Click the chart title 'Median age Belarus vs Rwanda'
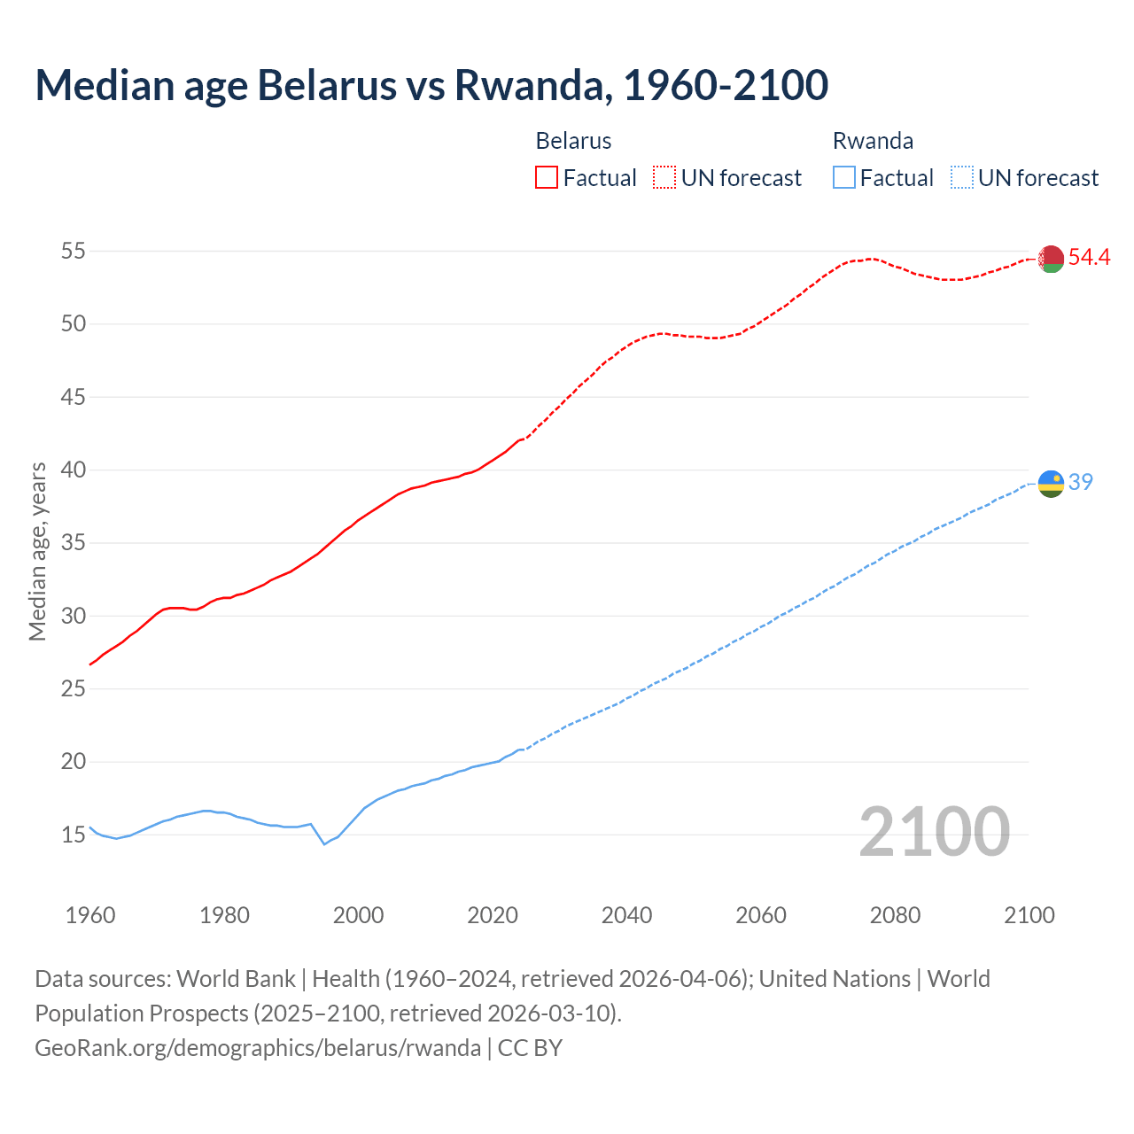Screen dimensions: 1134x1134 431,85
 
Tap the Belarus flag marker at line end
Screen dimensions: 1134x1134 1051,259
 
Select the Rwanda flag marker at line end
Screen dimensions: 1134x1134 1051,484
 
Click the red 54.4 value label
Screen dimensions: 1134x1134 1089,257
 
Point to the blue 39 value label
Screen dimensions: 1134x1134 1081,482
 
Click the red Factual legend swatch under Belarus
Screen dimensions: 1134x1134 547,178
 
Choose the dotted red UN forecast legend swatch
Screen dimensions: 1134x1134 664,178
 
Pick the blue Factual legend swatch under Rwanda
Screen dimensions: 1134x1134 844,178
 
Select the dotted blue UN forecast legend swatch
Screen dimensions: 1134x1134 961,178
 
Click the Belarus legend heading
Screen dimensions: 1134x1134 573,141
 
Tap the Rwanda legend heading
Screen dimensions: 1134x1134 873,141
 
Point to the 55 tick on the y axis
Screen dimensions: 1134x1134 74,252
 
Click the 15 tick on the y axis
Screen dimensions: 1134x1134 74,835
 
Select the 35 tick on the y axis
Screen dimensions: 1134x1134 74,543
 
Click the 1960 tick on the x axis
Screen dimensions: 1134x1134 90,915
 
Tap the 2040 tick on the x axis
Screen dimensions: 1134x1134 626,915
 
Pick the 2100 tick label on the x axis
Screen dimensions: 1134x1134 1029,915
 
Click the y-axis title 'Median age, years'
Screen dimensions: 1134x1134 37,551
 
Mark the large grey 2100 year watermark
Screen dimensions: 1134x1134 934,831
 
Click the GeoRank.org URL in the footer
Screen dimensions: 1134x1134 258,1048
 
